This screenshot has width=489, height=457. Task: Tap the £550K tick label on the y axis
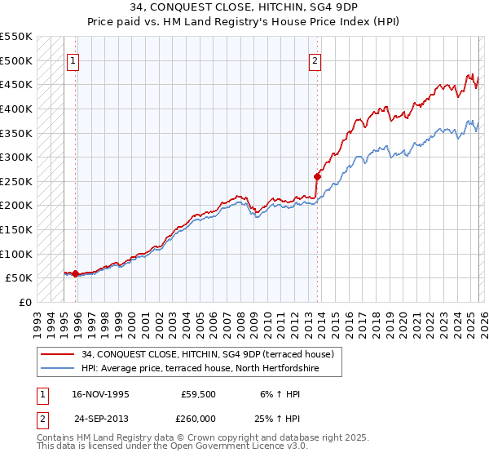click(x=16, y=37)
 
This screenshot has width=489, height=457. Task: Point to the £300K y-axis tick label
click(x=16, y=157)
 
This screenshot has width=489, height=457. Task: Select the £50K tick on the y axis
click(x=20, y=278)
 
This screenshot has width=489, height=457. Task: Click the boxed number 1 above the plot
click(x=73, y=60)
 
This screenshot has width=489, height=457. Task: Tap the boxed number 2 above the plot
click(x=315, y=60)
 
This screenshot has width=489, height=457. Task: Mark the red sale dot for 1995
click(x=75, y=273)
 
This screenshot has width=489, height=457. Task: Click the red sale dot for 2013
click(x=317, y=175)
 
